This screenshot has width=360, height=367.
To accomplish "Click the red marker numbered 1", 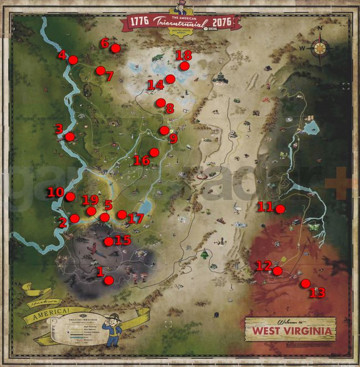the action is click(109, 281).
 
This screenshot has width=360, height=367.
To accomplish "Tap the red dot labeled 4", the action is click(73, 60).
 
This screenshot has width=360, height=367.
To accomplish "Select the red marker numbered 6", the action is click(116, 48).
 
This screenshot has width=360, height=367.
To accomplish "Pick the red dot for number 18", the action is click(185, 66).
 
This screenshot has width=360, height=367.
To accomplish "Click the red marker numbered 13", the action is click(305, 283).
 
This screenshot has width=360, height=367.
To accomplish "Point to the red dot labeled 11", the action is click(280, 209).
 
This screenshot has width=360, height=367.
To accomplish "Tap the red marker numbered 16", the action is click(154, 152).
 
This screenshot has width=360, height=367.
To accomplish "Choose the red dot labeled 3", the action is click(70, 137).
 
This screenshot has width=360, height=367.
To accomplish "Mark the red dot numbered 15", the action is click(109, 241).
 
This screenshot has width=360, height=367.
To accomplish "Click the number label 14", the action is click(155, 85).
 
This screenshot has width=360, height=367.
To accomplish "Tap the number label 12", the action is click(263, 266).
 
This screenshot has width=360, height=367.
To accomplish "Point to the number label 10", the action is click(55, 192).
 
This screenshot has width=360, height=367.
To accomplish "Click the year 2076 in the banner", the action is click(222, 22).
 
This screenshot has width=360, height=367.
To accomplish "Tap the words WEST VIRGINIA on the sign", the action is click(292, 331).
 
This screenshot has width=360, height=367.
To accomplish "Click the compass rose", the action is click(320, 48).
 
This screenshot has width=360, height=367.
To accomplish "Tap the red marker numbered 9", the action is click(164, 130).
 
